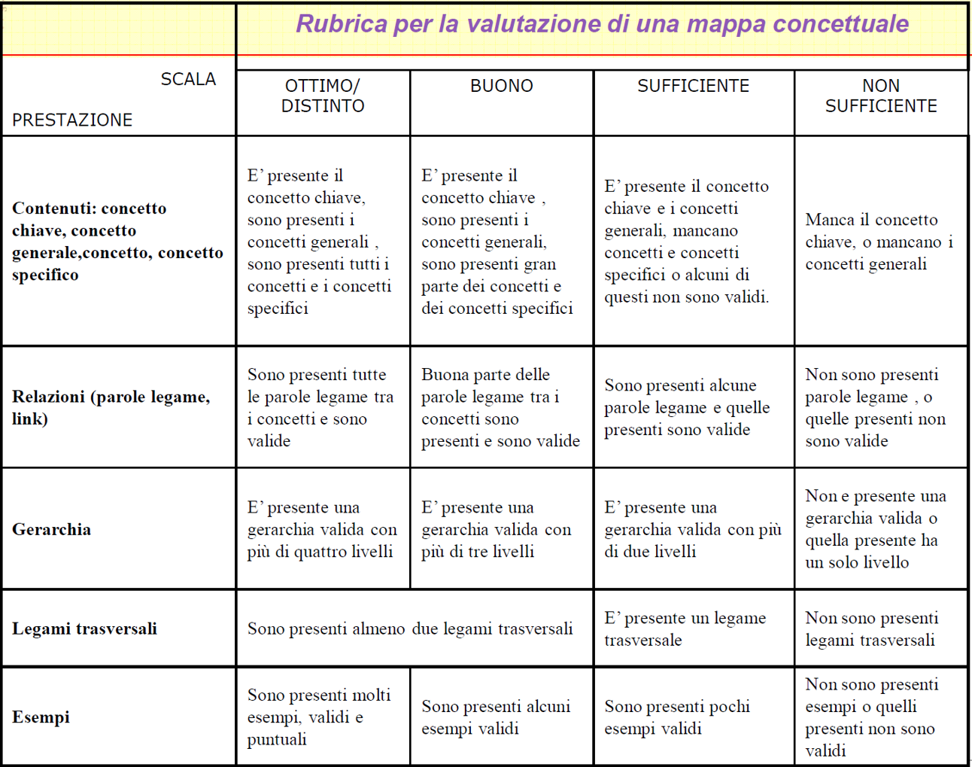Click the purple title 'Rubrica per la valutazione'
tap(602, 24)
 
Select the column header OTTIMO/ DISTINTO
tap(323, 96)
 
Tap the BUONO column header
tap(501, 86)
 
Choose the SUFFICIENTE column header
tap(693, 86)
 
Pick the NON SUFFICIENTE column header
tap(881, 96)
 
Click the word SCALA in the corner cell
tap(188, 79)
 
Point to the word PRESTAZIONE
tap(72, 120)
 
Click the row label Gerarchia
tap(51, 529)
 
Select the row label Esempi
tap(41, 717)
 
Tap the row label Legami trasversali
tap(84, 629)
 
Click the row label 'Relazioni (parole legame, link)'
tap(111, 407)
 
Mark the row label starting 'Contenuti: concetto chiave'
tap(117, 241)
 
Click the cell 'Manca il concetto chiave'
tap(879, 242)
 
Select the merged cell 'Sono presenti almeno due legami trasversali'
tap(410, 629)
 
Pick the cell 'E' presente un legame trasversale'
tap(685, 629)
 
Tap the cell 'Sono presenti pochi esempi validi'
tap(677, 717)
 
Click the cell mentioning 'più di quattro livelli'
tap(322, 529)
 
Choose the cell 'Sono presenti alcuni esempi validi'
tap(496, 717)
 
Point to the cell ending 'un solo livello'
tap(876, 528)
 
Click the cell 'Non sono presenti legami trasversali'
tap(871, 629)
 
